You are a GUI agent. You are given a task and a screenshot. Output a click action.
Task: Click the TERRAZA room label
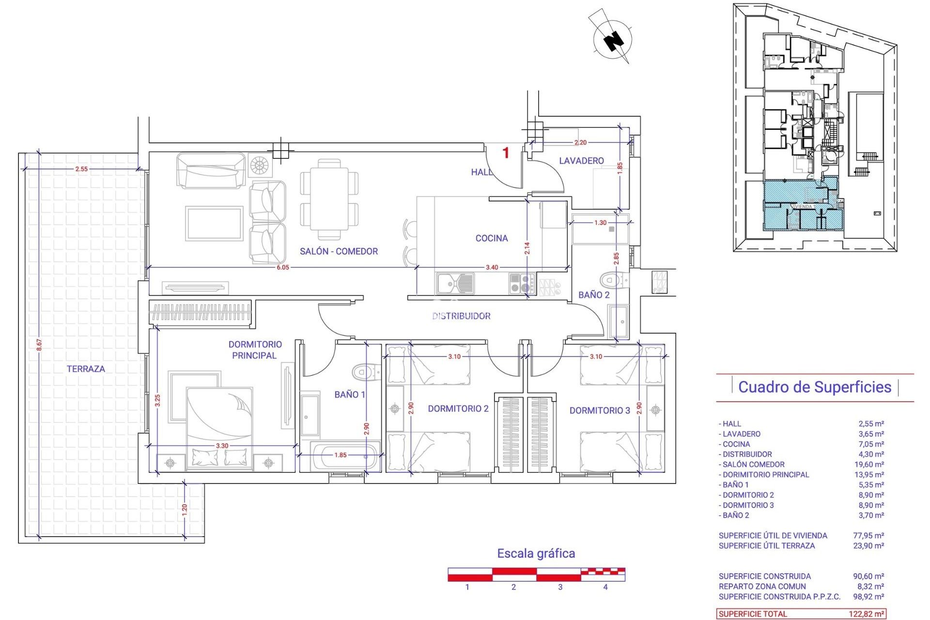point(86,369)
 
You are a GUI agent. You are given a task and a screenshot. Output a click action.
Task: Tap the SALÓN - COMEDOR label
point(339,251)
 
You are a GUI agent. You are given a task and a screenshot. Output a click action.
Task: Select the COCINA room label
point(492,238)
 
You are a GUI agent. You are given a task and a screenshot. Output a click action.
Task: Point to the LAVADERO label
point(581,161)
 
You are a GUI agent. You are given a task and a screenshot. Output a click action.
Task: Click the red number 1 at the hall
point(506,153)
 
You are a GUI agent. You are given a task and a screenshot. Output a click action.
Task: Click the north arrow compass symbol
point(613,39)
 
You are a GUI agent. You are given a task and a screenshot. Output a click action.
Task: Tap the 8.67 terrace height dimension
point(39,345)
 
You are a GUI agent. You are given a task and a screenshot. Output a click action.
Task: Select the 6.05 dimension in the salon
point(283,267)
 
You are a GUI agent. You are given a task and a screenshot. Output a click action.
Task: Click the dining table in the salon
point(329,199)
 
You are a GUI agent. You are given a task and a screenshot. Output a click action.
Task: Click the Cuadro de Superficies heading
point(815,387)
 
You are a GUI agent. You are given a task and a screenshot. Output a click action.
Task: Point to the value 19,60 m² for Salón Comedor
point(871,465)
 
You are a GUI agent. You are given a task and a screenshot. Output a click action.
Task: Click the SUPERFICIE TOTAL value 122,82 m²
point(866,614)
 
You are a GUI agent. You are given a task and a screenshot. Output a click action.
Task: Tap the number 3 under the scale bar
point(560,587)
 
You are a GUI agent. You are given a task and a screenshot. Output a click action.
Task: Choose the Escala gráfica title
point(536,554)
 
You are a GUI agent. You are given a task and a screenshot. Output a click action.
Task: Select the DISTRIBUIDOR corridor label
point(461,316)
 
